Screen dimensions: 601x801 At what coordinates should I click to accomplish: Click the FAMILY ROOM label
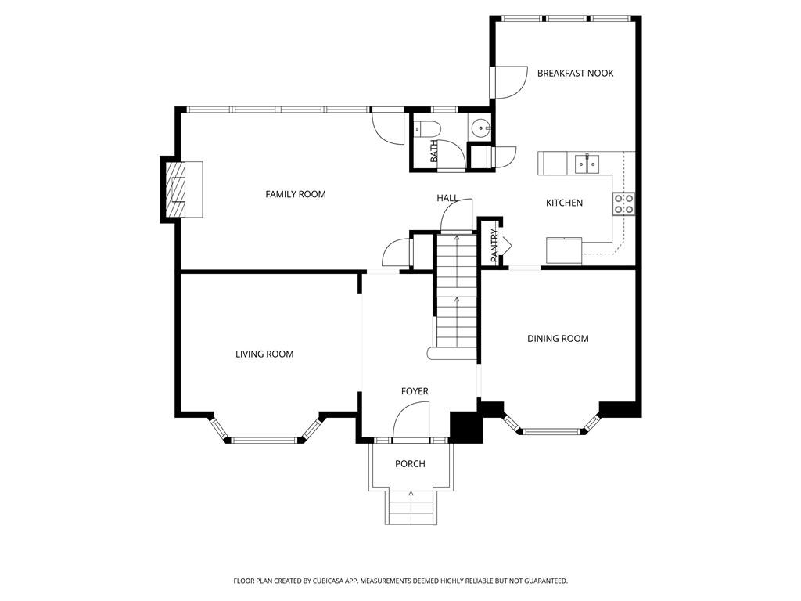pos(295,194)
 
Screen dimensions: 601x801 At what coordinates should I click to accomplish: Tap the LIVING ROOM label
pos(264,354)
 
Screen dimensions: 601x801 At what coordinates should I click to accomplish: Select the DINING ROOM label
pos(558,339)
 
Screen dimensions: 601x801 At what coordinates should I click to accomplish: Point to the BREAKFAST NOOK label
pos(575,74)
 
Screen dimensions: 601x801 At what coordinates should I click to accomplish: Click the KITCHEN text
pos(564,203)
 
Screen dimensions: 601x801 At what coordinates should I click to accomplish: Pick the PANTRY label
pos(494,246)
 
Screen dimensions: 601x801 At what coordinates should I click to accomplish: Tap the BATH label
pos(434,152)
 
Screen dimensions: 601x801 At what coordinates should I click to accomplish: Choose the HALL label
pos(447,199)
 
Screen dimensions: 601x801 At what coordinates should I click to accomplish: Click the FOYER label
pos(415,391)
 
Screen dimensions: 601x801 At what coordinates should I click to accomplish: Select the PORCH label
pos(410,464)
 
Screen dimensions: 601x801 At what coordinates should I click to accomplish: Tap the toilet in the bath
pos(428,128)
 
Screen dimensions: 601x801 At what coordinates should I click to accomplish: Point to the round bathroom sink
pos(480,128)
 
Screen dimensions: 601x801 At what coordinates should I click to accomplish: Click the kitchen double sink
pos(587,163)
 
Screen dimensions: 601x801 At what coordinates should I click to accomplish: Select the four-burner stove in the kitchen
pos(623,203)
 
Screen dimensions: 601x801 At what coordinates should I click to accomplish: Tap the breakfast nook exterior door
pos(508,82)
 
